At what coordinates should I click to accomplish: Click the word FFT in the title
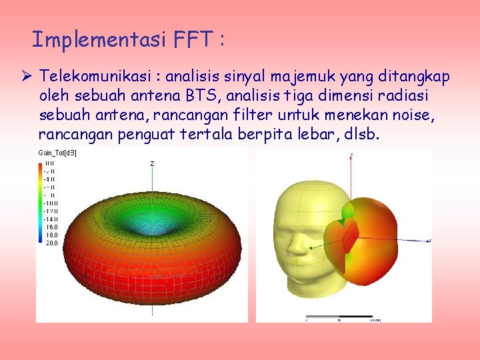click(x=192, y=40)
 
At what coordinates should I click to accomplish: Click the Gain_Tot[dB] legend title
click(x=57, y=153)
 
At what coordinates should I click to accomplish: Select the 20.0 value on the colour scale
click(x=52, y=243)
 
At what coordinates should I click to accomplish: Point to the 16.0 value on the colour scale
click(x=52, y=227)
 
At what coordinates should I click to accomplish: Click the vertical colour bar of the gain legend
click(x=41, y=203)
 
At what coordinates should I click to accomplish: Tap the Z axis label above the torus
click(x=152, y=163)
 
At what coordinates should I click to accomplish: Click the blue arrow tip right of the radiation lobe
click(x=429, y=239)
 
